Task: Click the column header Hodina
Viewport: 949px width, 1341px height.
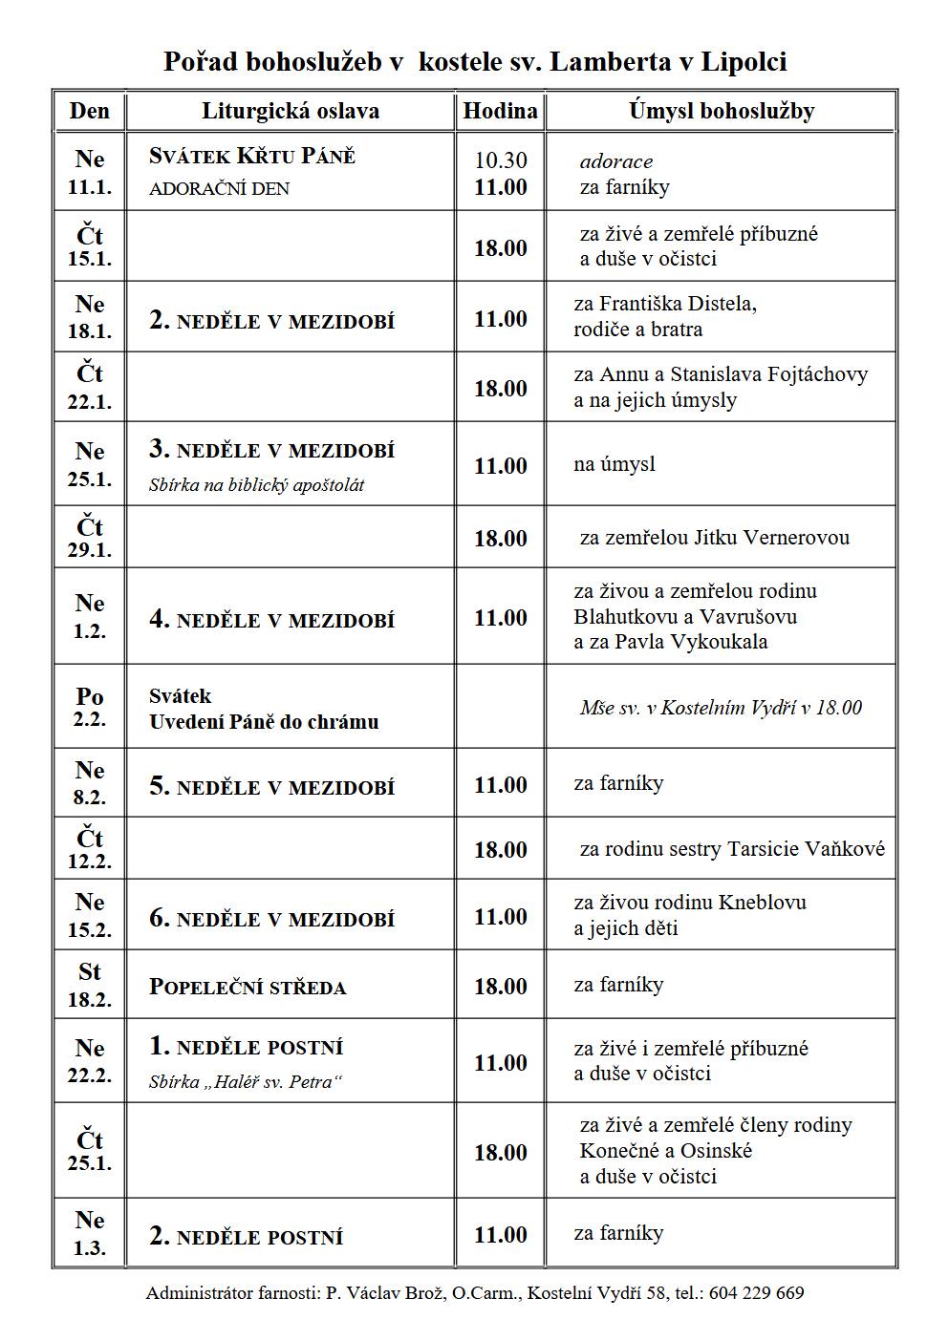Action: tap(500, 112)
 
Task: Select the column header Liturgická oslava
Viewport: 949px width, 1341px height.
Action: tap(290, 112)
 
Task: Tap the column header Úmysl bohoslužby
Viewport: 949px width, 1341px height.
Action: tap(721, 112)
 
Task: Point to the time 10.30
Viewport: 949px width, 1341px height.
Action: tap(501, 160)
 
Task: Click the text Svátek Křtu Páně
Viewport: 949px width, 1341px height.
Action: tap(252, 157)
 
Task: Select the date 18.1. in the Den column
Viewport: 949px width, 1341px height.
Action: tap(89, 331)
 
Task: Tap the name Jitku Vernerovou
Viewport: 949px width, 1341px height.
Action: tap(769, 538)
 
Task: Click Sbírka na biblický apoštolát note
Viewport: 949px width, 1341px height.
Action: tap(256, 485)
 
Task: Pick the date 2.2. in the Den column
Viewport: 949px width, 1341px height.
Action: tap(89, 719)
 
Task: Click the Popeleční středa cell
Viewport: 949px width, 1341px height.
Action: tap(248, 987)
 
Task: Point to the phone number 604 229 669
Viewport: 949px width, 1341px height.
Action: tap(756, 1293)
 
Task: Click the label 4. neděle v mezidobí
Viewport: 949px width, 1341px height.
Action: tap(271, 620)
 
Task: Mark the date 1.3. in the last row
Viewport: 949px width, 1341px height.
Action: tap(89, 1248)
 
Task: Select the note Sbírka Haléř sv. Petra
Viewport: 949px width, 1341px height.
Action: tap(246, 1082)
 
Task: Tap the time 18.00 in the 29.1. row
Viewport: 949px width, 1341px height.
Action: tap(501, 539)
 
